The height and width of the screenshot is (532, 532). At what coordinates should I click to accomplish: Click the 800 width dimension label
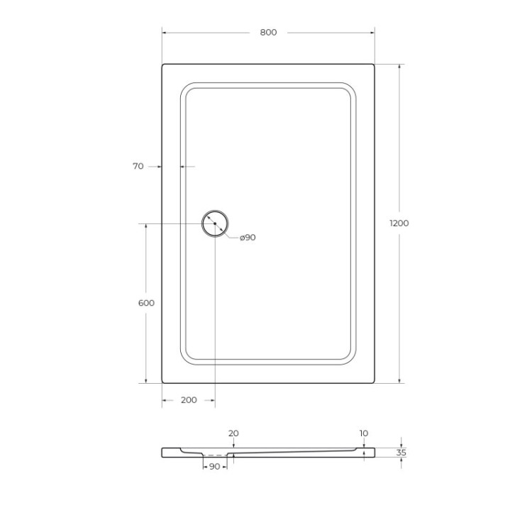point(268,33)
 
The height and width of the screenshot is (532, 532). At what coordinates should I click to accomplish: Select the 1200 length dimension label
point(399,223)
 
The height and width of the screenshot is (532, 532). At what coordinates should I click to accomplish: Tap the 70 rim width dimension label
point(138,167)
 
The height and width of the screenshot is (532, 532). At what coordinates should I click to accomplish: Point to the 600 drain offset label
point(146,303)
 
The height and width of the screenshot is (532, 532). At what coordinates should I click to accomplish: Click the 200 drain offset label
point(189,400)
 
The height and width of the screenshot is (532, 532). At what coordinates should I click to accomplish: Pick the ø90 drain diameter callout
point(248,238)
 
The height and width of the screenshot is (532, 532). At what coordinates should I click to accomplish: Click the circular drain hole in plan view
point(214,223)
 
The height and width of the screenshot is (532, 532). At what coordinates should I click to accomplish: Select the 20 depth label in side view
point(233,433)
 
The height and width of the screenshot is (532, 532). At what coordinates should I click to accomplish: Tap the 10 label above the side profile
point(364,433)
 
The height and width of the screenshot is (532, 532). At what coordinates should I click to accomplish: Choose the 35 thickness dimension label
point(401,452)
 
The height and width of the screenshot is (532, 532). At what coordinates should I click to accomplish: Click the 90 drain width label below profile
point(215,466)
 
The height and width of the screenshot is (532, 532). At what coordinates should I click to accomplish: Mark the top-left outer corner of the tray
point(163,65)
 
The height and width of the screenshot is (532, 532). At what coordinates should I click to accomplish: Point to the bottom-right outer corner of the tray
point(374,382)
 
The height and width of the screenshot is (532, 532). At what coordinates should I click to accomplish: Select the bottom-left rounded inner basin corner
point(187,358)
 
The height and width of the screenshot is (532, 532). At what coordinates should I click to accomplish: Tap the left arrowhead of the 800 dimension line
point(165,33)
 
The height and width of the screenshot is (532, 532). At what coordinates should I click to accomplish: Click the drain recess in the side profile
point(215,454)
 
